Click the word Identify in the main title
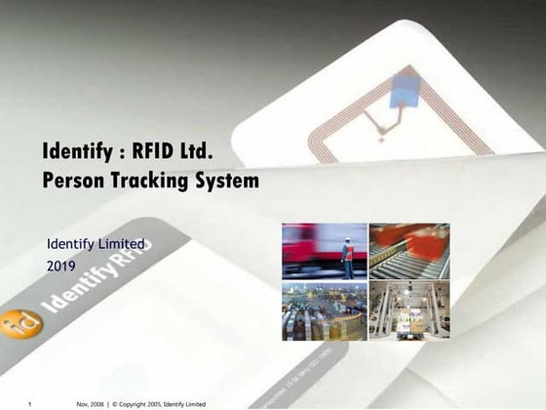point(77,152)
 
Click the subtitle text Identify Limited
point(96,243)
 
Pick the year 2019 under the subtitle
point(60,265)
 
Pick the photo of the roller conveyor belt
point(409,252)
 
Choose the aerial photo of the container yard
point(324,311)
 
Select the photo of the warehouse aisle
point(409,311)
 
